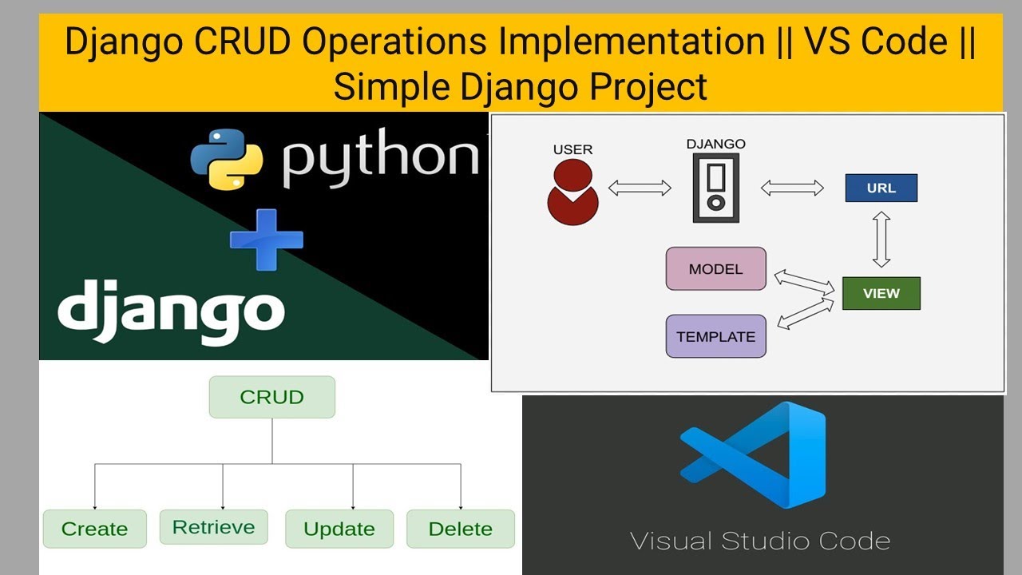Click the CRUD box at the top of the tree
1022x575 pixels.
point(271,397)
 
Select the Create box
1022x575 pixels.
point(94,529)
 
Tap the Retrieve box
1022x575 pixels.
point(213,527)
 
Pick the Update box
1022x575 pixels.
point(339,529)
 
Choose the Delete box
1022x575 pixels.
point(460,529)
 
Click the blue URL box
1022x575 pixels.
point(881,188)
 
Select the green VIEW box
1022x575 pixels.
point(881,293)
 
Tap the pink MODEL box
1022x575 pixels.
point(715,269)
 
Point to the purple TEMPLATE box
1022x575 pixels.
point(715,336)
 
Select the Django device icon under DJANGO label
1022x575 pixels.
point(715,188)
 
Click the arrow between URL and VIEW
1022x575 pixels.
point(881,239)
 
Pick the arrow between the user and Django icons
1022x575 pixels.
point(640,188)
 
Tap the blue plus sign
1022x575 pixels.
point(266,239)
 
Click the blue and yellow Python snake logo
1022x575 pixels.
point(227,158)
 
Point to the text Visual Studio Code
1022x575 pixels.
point(759,541)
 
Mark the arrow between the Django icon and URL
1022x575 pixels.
point(791,188)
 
